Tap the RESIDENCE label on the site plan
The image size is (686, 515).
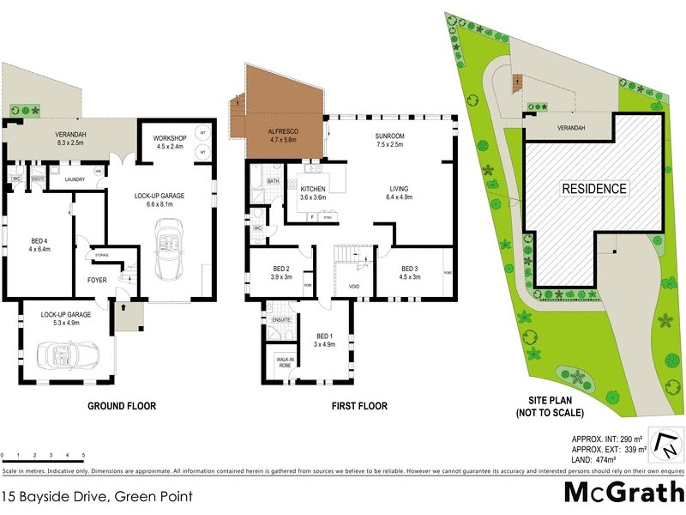coord(595,188)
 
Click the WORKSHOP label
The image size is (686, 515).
coord(169,137)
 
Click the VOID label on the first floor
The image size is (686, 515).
coord(353,286)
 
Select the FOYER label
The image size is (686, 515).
coord(97,279)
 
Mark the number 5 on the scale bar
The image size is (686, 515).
coord(83,455)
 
